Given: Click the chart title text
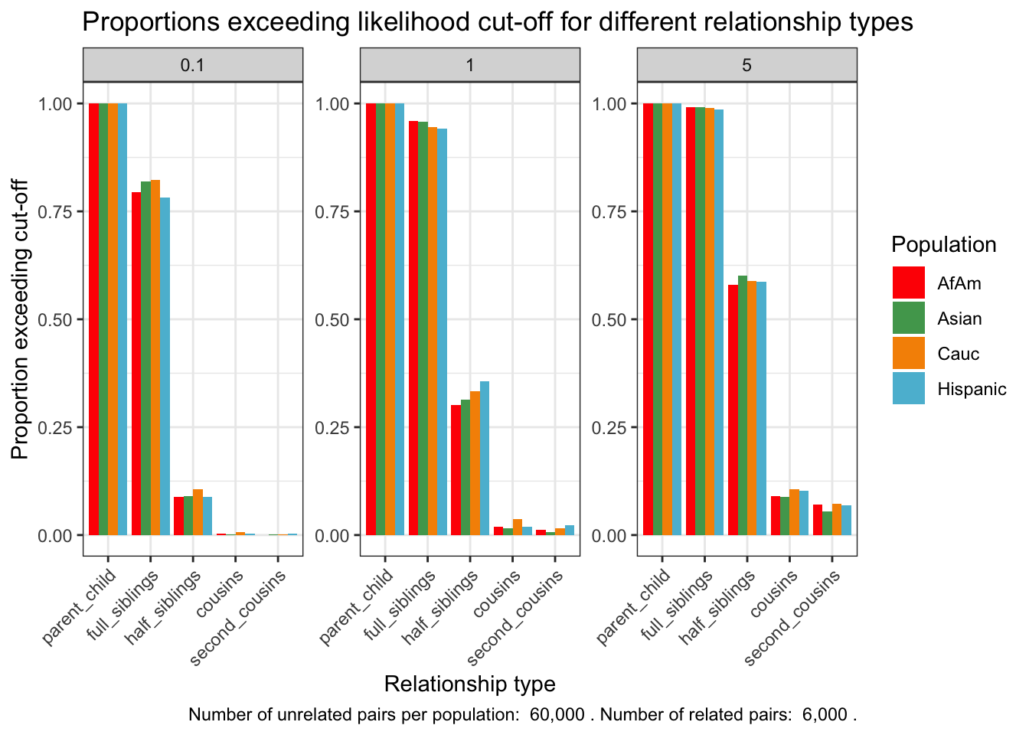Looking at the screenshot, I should [498, 21].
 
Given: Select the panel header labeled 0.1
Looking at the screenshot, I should [192, 65].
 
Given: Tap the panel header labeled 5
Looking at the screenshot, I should [746, 65].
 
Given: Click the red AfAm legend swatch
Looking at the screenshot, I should [908, 283].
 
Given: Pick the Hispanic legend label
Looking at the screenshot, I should [972, 389].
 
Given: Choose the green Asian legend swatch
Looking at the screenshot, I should [908, 318].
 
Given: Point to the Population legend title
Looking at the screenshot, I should [944, 245].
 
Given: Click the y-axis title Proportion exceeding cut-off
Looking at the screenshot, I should [21, 319].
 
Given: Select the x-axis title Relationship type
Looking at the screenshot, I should [469, 684].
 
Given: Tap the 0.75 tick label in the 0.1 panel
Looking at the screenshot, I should [55, 212].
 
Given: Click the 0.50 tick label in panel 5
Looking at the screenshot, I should [609, 320].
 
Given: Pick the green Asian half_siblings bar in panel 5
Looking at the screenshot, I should [743, 405].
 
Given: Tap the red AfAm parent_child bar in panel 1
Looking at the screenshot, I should [371, 318].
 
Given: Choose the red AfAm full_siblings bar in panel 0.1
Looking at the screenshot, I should [136, 363].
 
